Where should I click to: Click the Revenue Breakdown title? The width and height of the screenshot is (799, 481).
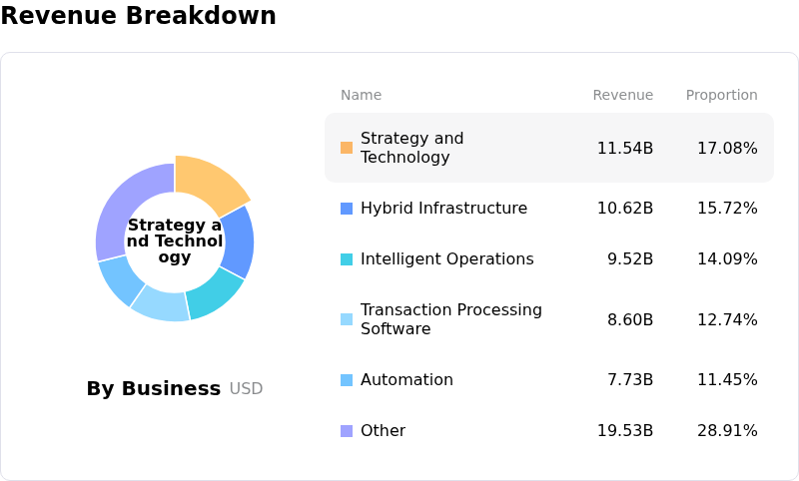[138, 16]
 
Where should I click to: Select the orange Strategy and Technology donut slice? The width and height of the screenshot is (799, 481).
[210, 183]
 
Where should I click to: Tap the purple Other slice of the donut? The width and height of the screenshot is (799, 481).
[128, 205]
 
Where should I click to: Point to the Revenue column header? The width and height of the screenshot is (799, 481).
[622, 95]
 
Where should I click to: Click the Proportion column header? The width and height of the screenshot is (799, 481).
[721, 95]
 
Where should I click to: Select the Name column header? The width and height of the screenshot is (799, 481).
[361, 95]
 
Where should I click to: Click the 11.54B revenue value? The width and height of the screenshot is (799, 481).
[624, 148]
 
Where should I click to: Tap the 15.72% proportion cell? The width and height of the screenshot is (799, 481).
[727, 208]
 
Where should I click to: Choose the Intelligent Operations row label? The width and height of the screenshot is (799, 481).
[446, 258]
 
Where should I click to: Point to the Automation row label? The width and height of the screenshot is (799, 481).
[406, 379]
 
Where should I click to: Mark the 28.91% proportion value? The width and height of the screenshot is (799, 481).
[727, 430]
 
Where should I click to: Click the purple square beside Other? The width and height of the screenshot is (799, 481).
[347, 431]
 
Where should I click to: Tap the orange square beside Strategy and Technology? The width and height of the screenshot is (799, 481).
[347, 148]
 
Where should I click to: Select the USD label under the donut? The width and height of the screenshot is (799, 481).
[246, 389]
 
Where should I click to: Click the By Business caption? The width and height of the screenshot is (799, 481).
[153, 388]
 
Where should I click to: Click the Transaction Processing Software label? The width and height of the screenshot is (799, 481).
[450, 319]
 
